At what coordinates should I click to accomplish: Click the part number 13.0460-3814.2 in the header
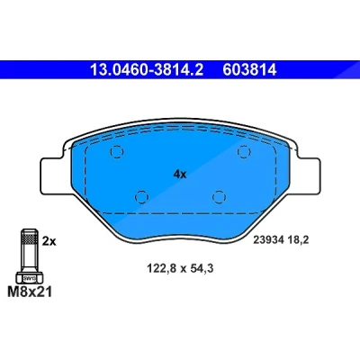click(x=147, y=70)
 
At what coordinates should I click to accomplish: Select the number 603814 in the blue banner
click(x=249, y=70)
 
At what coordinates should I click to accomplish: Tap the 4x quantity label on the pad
click(x=180, y=175)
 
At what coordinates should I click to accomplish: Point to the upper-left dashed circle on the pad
click(x=117, y=152)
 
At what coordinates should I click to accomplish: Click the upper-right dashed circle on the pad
click(x=244, y=152)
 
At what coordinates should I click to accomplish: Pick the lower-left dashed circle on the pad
click(x=141, y=197)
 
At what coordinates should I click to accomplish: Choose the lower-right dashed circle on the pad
click(x=219, y=197)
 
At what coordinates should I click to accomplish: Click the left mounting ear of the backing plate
click(x=54, y=175)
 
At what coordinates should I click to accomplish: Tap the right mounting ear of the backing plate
click(x=306, y=175)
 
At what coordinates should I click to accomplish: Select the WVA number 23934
click(x=268, y=240)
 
